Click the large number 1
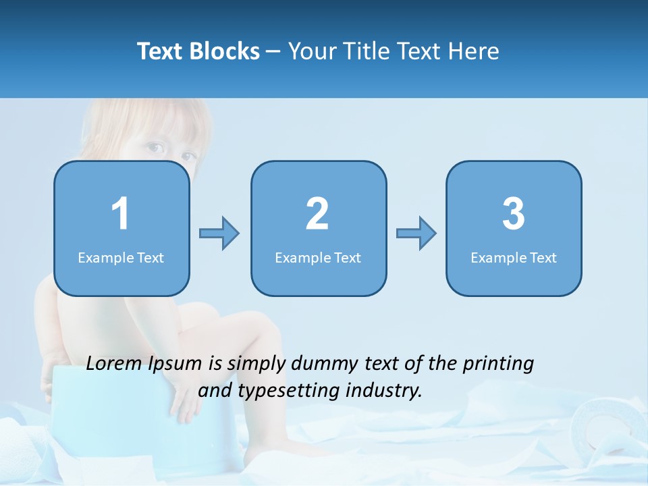[120, 214]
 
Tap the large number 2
[317, 214]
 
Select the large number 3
[514, 214]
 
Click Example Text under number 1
[121, 258]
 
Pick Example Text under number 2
[318, 258]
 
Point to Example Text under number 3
[514, 258]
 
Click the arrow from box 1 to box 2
[219, 234]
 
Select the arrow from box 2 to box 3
[416, 234]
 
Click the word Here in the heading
[476, 51]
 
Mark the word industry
[386, 391]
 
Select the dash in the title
[273, 52]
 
